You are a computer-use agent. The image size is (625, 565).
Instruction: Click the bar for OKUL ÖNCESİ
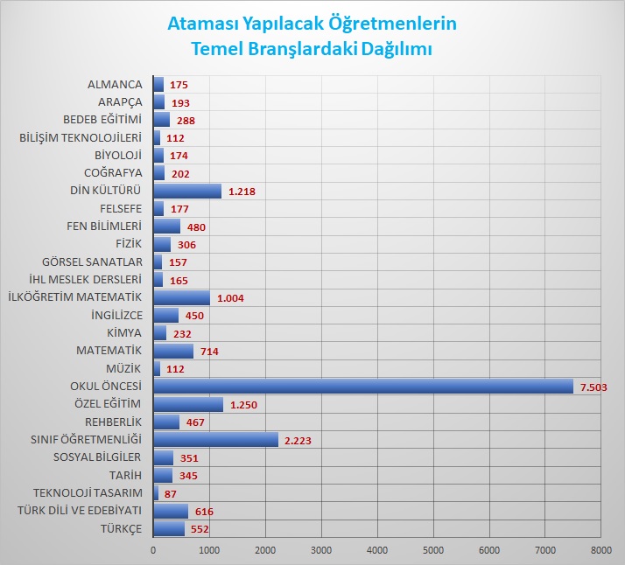coord(363,386)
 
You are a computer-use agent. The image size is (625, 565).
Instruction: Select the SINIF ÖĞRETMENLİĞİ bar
coord(215,440)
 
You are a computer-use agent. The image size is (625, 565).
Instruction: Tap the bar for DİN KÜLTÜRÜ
coord(187,191)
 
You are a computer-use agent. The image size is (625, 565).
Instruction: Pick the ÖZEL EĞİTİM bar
coord(188,404)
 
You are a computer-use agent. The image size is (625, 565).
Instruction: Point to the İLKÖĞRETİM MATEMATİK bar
coord(181,297)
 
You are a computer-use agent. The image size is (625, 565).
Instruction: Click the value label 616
coord(205,512)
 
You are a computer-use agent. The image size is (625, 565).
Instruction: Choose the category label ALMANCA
coord(114,85)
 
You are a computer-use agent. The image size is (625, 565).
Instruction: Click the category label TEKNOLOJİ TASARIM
coord(87,493)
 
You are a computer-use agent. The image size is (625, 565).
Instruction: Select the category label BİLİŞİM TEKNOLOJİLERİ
coord(80,137)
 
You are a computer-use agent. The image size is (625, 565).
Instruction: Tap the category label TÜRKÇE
coord(122,529)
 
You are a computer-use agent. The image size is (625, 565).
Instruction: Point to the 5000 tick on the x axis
coord(433,550)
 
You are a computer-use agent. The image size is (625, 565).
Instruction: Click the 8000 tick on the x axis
coord(600,550)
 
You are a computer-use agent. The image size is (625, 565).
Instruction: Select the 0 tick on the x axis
coord(154,550)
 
